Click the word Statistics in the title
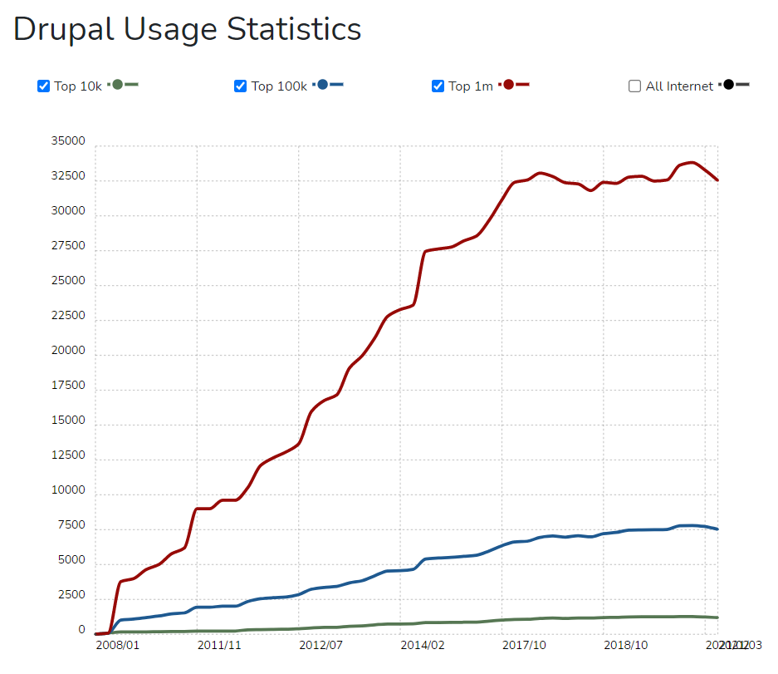point(294,29)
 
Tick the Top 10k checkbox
point(44,86)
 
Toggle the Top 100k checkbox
point(241,86)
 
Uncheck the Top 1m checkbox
point(438,86)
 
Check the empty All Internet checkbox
point(635,86)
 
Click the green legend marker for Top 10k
point(118,85)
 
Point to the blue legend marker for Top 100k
point(323,85)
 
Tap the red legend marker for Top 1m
point(509,85)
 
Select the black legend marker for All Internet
point(728,85)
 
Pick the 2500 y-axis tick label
point(71,595)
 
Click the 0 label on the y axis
point(81,630)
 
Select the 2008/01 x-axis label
point(117,645)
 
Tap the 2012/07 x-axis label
point(320,645)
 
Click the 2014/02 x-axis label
point(423,645)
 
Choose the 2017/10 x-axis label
point(524,645)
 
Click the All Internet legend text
point(679,86)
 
